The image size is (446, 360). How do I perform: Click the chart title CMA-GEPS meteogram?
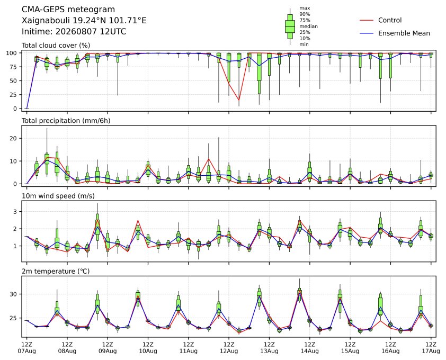click(68, 10)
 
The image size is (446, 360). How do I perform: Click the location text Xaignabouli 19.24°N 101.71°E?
click(84, 21)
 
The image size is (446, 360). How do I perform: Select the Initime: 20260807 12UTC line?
click(74, 31)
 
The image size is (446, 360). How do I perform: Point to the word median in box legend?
click(308, 26)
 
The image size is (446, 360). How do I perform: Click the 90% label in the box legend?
click(305, 14)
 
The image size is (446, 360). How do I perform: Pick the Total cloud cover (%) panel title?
click(56, 46)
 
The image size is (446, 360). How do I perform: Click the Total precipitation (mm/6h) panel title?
click(66, 121)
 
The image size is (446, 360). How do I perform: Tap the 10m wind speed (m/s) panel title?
click(58, 196)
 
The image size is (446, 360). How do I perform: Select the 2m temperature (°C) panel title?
click(56, 271)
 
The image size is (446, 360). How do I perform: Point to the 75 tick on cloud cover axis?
click(13, 67)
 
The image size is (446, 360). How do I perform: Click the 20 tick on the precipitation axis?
click(14, 138)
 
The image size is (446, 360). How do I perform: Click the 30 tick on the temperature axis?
click(14, 294)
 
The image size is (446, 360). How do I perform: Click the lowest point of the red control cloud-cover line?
click(239, 100)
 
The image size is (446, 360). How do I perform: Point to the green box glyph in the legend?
click(290, 26)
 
